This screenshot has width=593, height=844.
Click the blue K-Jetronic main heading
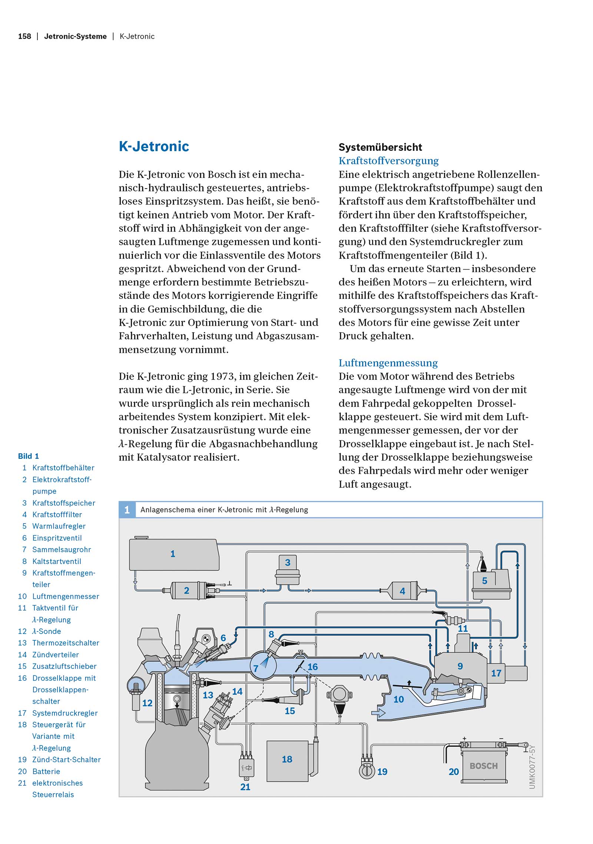tap(154, 147)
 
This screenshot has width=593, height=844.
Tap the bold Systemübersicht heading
tap(380, 147)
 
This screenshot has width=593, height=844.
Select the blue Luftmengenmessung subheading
tap(388, 363)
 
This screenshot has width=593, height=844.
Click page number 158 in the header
tap(24, 36)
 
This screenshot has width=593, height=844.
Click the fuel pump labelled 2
tap(189, 590)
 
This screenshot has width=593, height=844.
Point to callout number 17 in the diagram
tap(496, 673)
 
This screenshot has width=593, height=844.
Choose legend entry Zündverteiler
tap(55, 655)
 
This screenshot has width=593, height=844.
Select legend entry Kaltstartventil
tap(56, 561)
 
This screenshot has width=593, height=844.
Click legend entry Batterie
tap(46, 771)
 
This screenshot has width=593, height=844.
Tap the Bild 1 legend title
tap(29, 456)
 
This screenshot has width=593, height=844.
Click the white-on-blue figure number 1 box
tap(127, 510)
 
